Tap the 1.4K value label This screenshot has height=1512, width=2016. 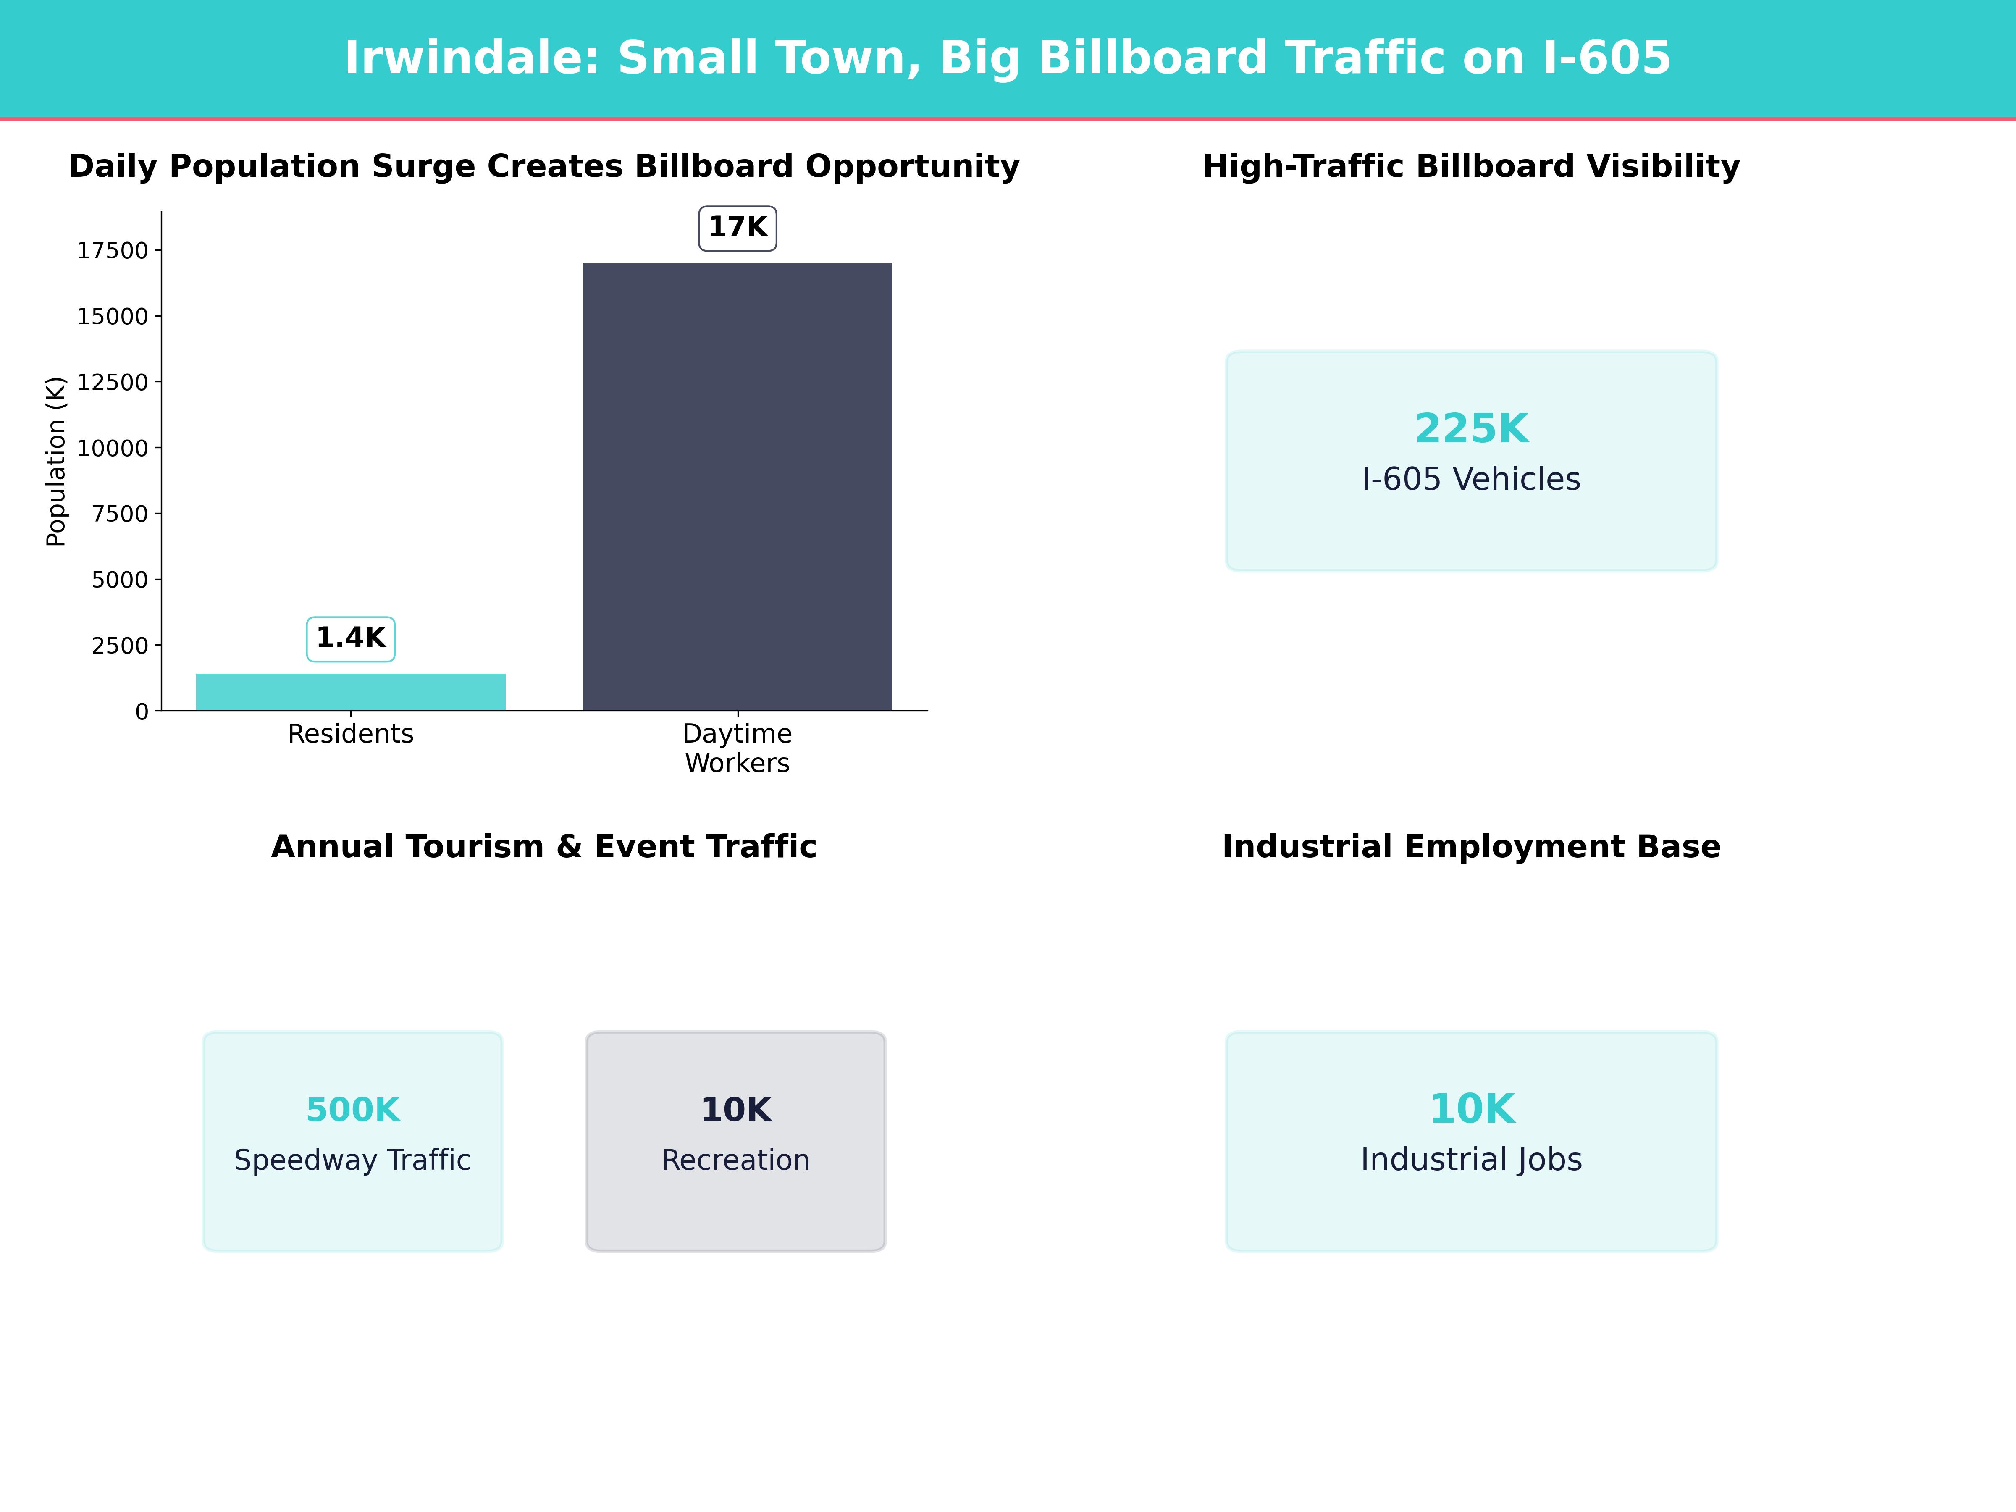point(351,638)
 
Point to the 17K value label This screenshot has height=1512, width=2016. point(738,227)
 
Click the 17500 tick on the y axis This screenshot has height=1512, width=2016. point(112,251)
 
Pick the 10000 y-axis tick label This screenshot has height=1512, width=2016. point(112,449)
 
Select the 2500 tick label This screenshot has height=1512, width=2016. point(119,645)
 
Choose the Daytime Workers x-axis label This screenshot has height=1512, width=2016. point(738,748)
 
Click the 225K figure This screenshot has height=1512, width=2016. point(1471,428)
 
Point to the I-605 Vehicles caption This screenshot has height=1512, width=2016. point(1471,479)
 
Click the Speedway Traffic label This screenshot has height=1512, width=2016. point(353,1160)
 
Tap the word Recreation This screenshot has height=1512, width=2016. point(735,1160)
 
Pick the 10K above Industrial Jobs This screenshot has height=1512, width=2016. point(1471,1109)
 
